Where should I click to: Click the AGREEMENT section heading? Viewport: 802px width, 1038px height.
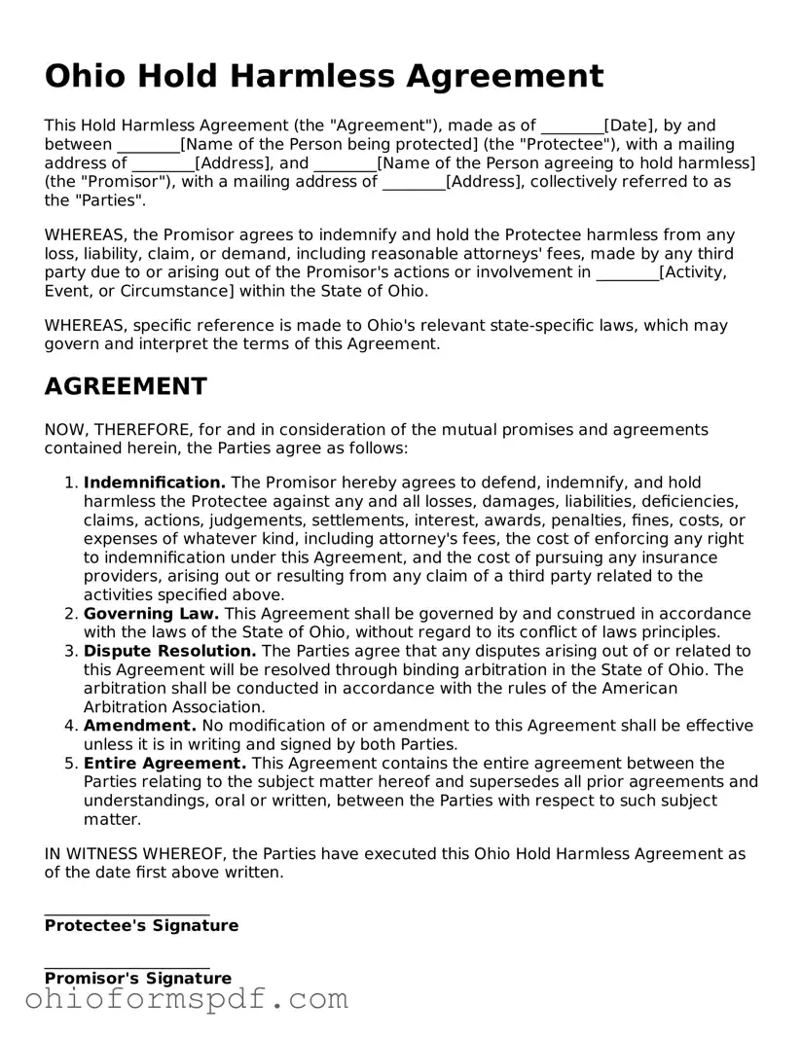tap(125, 387)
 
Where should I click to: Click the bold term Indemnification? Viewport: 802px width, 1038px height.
tap(155, 483)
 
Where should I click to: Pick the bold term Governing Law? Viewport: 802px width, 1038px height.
tap(151, 614)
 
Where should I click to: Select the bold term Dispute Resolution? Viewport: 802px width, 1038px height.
tap(169, 651)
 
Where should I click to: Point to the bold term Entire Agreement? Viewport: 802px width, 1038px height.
tap(164, 764)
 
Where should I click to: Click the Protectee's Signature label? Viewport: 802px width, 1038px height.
tap(141, 926)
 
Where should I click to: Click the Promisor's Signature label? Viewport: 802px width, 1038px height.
tap(138, 979)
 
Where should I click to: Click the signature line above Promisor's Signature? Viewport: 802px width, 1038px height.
tap(127, 968)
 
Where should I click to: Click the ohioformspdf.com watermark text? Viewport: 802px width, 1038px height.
tap(186, 999)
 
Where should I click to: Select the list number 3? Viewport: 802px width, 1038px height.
tap(70, 651)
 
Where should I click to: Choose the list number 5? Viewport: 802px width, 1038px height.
tap(70, 764)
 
